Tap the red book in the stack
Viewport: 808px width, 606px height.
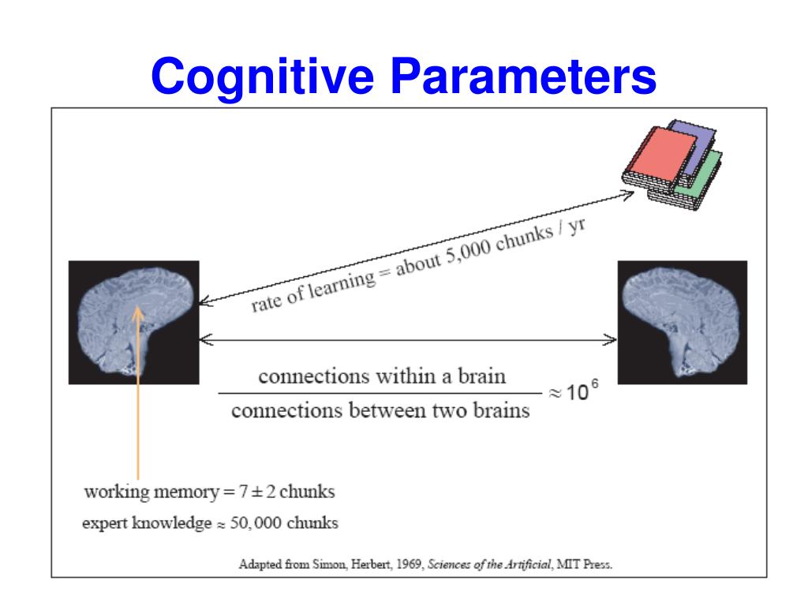pos(661,162)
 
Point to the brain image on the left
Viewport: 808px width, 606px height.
pos(134,322)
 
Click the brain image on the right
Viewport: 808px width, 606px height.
pos(682,322)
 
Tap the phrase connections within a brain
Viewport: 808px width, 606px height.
pos(382,376)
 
